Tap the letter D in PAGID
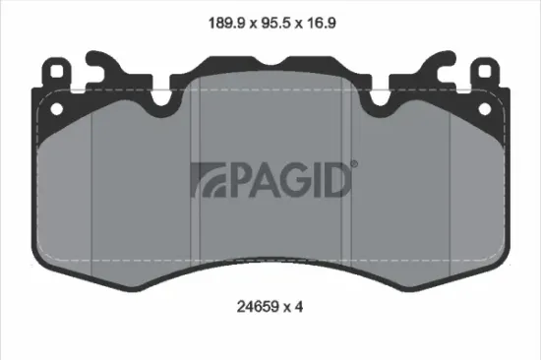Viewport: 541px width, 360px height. pyautogui.click(x=336, y=178)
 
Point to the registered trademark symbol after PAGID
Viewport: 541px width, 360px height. pyautogui.click(x=354, y=164)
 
